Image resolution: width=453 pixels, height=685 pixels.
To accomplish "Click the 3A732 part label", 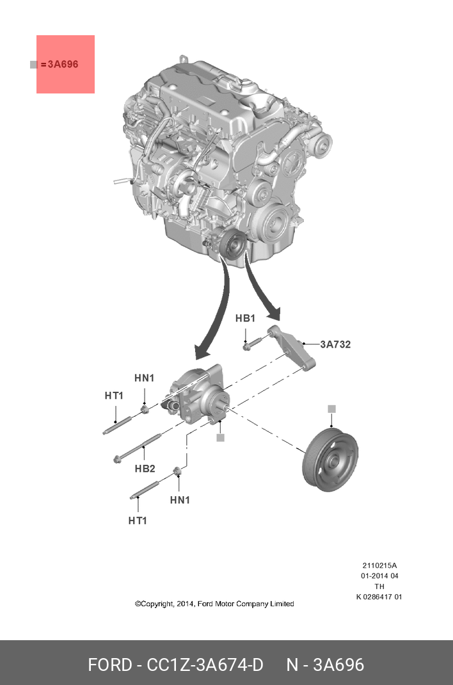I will pyautogui.click(x=335, y=344).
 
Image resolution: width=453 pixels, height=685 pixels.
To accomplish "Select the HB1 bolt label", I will pyautogui.click(x=245, y=318).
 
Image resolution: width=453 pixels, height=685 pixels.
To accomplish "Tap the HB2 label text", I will pyautogui.click(x=145, y=469).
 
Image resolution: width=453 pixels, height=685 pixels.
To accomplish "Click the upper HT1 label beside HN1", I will pyautogui.click(x=114, y=396).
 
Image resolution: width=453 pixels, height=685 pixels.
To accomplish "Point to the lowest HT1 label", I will pyautogui.click(x=138, y=520).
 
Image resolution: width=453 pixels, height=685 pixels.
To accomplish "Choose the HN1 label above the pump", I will pyautogui.click(x=144, y=378).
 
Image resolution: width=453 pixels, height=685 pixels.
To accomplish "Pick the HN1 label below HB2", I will pyautogui.click(x=180, y=500).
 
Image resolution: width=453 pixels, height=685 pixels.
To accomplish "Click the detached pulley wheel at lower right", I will pyautogui.click(x=330, y=461).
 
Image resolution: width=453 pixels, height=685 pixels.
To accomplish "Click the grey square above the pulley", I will pyautogui.click(x=331, y=408).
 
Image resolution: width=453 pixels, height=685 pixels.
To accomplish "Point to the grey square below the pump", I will pyautogui.click(x=220, y=437).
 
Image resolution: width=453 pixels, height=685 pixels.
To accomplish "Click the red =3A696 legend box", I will pyautogui.click(x=65, y=64).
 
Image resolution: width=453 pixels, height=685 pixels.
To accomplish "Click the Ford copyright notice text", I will pyautogui.click(x=214, y=604).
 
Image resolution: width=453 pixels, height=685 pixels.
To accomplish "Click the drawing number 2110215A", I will pyautogui.click(x=379, y=565).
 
